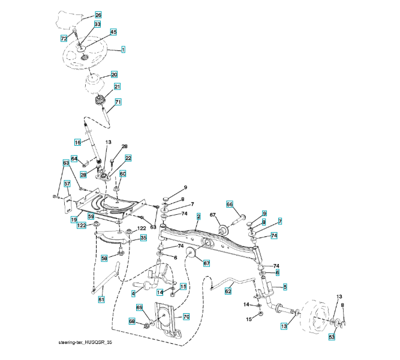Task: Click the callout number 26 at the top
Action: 98,14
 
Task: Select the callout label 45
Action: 113,32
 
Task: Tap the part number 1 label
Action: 123,50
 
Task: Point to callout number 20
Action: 114,75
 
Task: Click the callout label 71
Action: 118,102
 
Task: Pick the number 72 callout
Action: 64,38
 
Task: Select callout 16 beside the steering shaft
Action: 77,142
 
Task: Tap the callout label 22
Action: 128,158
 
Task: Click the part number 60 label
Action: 122,174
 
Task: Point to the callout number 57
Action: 67,184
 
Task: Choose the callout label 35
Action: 143,238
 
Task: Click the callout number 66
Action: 229,204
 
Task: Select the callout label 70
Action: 186,316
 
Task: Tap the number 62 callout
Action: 228,291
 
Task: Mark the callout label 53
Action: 332,338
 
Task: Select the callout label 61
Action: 101,299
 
